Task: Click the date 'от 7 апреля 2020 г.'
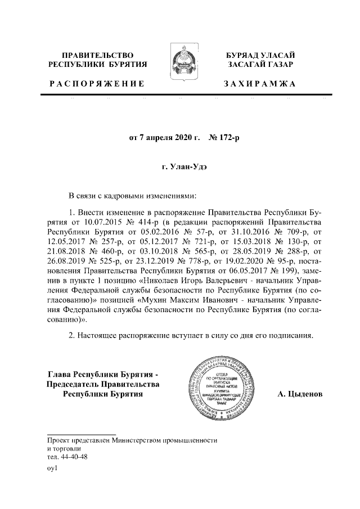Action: (165, 137)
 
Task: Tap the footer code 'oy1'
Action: (53, 469)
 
